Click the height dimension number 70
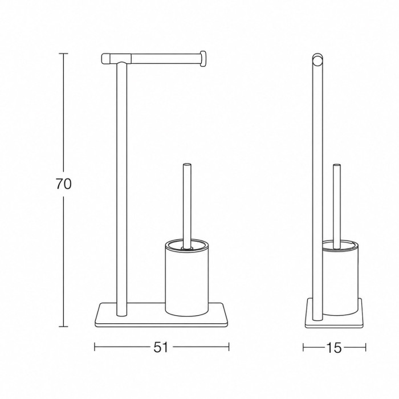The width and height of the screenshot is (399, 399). [64, 184]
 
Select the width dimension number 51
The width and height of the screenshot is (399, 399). [161, 347]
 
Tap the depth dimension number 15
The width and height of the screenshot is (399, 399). [334, 348]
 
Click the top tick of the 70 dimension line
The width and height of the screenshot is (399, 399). [63, 54]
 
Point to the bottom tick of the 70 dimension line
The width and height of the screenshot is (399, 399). [63, 327]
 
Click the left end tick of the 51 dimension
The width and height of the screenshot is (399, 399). [95, 347]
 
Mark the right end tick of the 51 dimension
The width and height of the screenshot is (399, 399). [229, 347]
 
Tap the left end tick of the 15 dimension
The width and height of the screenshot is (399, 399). [303, 347]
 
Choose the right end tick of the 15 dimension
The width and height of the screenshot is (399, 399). [365, 347]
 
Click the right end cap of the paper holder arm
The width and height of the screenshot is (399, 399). [203, 59]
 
